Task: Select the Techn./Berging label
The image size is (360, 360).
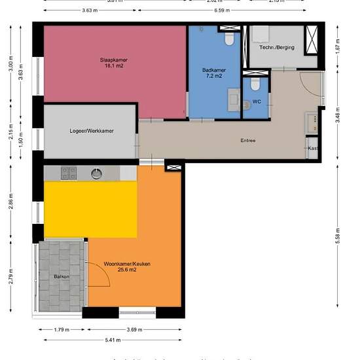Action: coord(276,47)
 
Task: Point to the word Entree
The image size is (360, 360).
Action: coord(247,140)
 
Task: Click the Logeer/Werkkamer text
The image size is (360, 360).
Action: coord(91,131)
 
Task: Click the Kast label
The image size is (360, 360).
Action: coord(313,149)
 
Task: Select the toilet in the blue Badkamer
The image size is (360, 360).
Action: coord(229,40)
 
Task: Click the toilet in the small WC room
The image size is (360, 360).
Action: coord(255,85)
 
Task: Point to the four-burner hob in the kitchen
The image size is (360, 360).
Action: coord(69,173)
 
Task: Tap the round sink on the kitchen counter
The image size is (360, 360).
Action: coord(96,173)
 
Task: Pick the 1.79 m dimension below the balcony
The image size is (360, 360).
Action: coord(60,329)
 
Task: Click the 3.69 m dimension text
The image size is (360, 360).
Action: coord(135,329)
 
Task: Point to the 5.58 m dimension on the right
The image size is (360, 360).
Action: coord(338,234)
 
